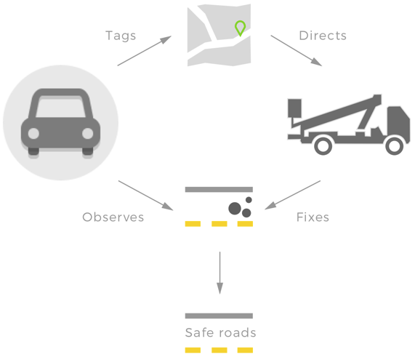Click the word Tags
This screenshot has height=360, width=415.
[121, 36]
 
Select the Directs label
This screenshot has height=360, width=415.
[323, 36]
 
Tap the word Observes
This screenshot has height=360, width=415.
[113, 217]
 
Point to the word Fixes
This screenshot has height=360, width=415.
[313, 217]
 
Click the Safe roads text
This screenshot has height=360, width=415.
[220, 332]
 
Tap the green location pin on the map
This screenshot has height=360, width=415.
[240, 28]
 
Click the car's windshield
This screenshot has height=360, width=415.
[61, 108]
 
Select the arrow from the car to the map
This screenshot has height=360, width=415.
[145, 51]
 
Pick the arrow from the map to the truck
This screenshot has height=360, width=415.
[296, 50]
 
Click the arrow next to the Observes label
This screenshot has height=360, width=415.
[145, 196]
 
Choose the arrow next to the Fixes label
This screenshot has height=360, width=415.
[293, 195]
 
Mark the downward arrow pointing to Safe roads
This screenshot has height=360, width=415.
[219, 273]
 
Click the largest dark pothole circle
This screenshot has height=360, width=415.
[235, 209]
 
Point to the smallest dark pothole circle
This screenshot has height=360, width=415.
[249, 200]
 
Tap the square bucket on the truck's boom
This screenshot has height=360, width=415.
[294, 108]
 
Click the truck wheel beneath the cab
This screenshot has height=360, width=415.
[395, 146]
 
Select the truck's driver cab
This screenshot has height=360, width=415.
[398, 121]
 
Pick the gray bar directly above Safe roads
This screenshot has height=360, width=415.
[219, 316]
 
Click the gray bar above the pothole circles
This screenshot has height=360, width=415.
[219, 189]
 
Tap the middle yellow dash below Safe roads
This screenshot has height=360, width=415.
[219, 351]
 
